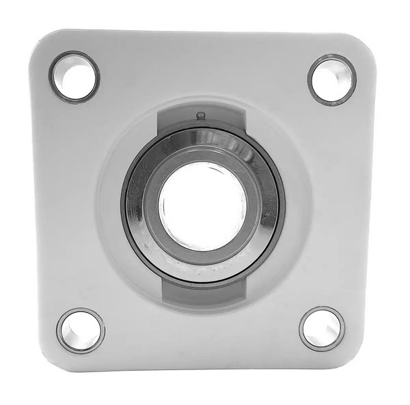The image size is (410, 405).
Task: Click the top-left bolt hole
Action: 74,76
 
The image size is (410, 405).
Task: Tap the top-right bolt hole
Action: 331,79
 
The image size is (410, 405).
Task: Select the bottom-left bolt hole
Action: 80,331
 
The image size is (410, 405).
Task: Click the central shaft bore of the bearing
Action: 202,204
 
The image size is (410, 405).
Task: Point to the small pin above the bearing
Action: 200,115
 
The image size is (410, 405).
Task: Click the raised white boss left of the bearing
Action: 109,205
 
